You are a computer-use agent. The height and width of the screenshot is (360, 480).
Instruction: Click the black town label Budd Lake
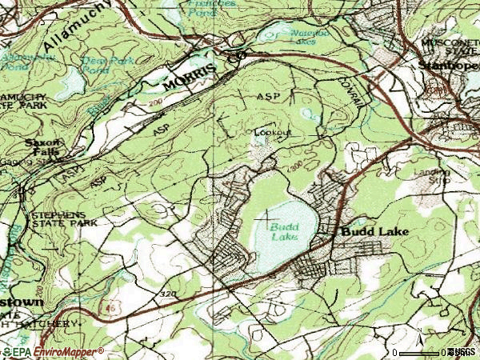click(x=374, y=232)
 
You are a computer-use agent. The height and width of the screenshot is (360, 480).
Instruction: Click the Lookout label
click(x=273, y=132)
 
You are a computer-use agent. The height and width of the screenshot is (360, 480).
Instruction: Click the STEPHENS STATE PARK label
click(x=63, y=218)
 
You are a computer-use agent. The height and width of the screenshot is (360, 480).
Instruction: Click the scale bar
click(x=420, y=351)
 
